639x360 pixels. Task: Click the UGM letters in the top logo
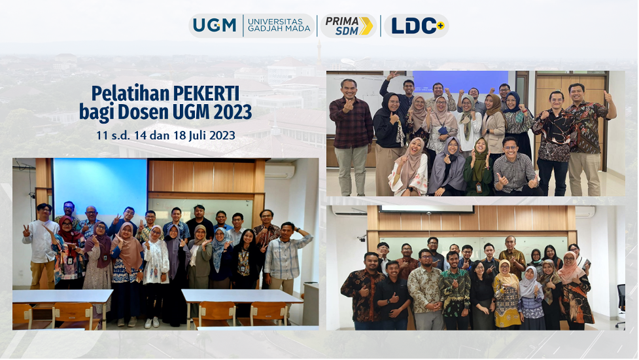click(x=215, y=26)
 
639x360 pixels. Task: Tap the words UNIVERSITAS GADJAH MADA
click(x=275, y=26)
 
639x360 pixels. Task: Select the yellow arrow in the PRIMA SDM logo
click(x=366, y=26)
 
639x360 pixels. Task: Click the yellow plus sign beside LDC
click(x=440, y=26)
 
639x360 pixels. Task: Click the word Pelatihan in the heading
click(x=130, y=94)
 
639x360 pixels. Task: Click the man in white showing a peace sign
click(x=41, y=245)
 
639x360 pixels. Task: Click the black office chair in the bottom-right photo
click(x=621, y=306)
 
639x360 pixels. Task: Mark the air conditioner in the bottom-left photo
click(x=279, y=171)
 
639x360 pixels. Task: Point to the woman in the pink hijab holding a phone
click(x=575, y=290)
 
